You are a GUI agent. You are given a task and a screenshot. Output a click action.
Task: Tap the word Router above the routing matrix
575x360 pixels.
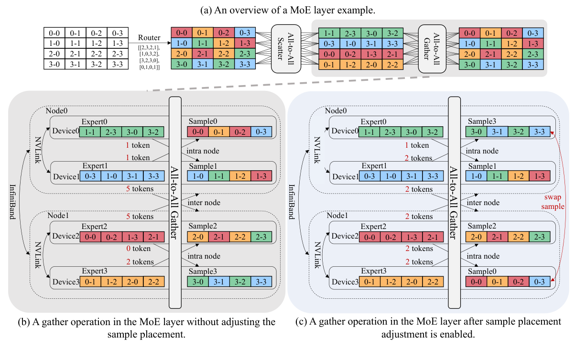coord(149,38)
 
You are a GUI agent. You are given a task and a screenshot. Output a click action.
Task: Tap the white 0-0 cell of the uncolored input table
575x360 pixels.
coord(54,33)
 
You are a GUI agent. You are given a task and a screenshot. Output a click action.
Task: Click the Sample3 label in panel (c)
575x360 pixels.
coord(480,122)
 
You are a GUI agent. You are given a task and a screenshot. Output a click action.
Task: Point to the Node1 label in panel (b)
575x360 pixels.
coord(58,216)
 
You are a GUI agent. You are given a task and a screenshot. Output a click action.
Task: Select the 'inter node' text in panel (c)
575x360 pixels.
coord(481,203)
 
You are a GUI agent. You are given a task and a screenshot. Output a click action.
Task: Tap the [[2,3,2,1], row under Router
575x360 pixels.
coord(149,48)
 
